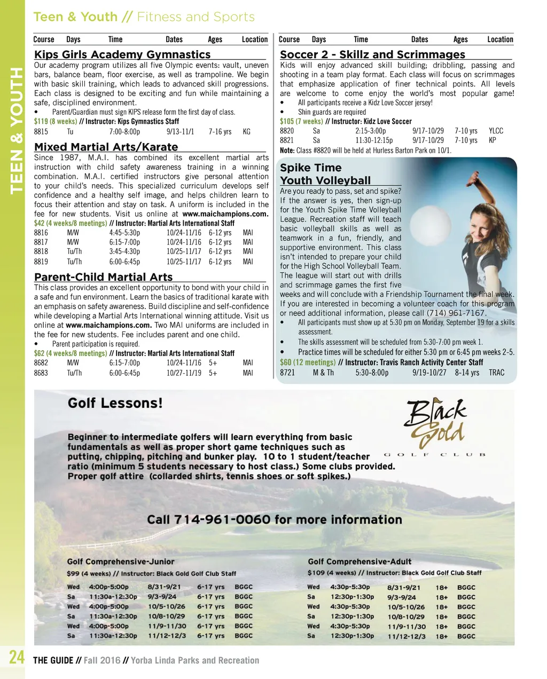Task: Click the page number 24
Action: coord(17,657)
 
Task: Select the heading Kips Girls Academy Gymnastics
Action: coord(122,54)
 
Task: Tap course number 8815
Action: coord(41,131)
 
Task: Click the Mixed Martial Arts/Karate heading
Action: coord(106,147)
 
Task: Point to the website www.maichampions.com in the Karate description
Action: coord(225,214)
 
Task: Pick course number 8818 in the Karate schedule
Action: coord(41,251)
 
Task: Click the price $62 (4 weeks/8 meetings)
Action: coord(70,353)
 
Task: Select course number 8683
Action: coord(41,373)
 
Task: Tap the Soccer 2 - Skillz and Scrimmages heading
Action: coord(372,54)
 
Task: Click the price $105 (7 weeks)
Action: coord(301,121)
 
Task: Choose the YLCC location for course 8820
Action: coord(496,131)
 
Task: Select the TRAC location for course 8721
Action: coord(496,373)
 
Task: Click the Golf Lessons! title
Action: coord(115,403)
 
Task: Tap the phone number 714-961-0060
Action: coord(274,519)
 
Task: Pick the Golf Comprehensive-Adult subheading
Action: coord(360,562)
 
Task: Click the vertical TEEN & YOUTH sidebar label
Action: coord(17,131)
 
